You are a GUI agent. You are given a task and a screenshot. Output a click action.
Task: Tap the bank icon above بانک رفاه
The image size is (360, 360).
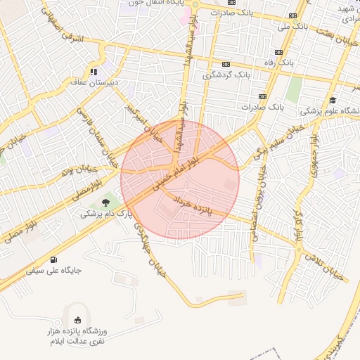279,52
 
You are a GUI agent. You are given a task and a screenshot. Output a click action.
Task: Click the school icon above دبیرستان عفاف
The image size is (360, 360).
93,71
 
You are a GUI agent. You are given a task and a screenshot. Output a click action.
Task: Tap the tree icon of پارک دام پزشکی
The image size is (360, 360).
105,202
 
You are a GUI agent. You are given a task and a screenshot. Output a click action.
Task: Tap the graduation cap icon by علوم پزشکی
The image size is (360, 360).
332,99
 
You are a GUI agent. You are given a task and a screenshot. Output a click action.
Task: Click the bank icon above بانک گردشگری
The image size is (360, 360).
226,63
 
